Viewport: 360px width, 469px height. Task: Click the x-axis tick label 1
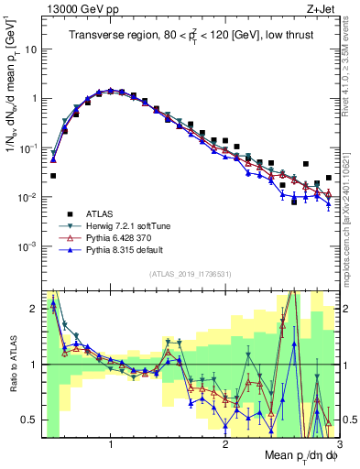pyautogui.click(x=111, y=445)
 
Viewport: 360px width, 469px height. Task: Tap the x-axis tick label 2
pyautogui.click(x=225, y=445)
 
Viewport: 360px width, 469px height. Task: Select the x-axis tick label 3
pyautogui.click(x=339, y=445)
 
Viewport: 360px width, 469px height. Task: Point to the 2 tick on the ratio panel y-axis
pyautogui.click(x=35, y=309)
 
